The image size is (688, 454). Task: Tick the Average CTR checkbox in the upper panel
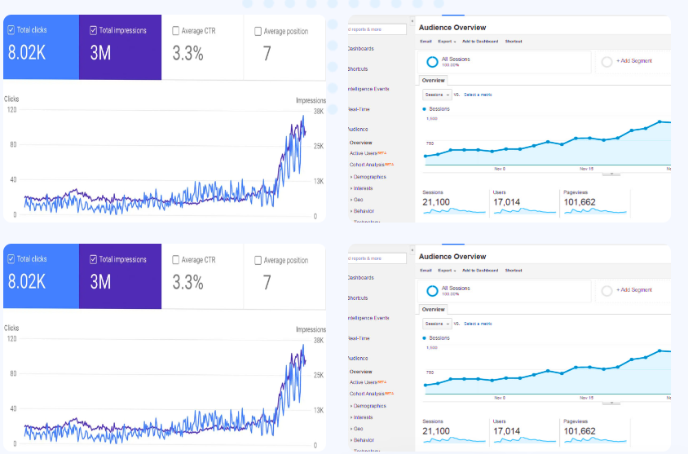coord(176,31)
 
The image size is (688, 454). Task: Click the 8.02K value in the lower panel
coord(27,282)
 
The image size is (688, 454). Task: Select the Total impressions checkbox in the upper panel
coord(94,31)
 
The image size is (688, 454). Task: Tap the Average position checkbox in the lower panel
coord(258,260)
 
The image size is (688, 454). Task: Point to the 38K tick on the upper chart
coord(318,111)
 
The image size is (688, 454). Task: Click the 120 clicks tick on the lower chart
coord(11,338)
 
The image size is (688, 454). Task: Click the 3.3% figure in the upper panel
coord(187,55)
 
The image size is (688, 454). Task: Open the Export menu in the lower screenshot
coord(446,270)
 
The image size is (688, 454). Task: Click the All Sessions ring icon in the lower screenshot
coord(431,290)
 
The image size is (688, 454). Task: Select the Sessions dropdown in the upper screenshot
coord(437,95)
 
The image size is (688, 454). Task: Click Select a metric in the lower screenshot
coord(478,324)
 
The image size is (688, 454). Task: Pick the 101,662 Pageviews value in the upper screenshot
coord(579,202)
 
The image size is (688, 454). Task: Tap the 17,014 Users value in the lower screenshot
coord(506,431)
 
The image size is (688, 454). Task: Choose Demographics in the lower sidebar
coord(369,405)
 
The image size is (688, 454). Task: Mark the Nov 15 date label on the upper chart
coord(585,169)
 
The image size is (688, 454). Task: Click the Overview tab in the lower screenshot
coord(434,310)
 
